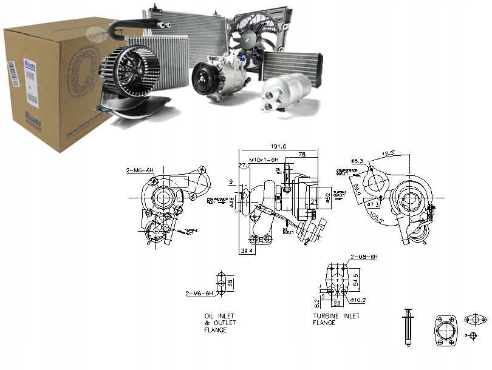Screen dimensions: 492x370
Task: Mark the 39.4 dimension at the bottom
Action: (246, 250)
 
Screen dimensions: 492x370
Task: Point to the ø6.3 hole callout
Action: (357, 161)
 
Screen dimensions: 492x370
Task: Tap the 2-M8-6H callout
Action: (364, 257)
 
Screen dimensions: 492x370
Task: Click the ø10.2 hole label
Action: (357, 299)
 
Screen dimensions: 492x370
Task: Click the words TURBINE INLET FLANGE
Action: (336, 319)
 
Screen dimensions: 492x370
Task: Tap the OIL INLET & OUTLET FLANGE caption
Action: (219, 323)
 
